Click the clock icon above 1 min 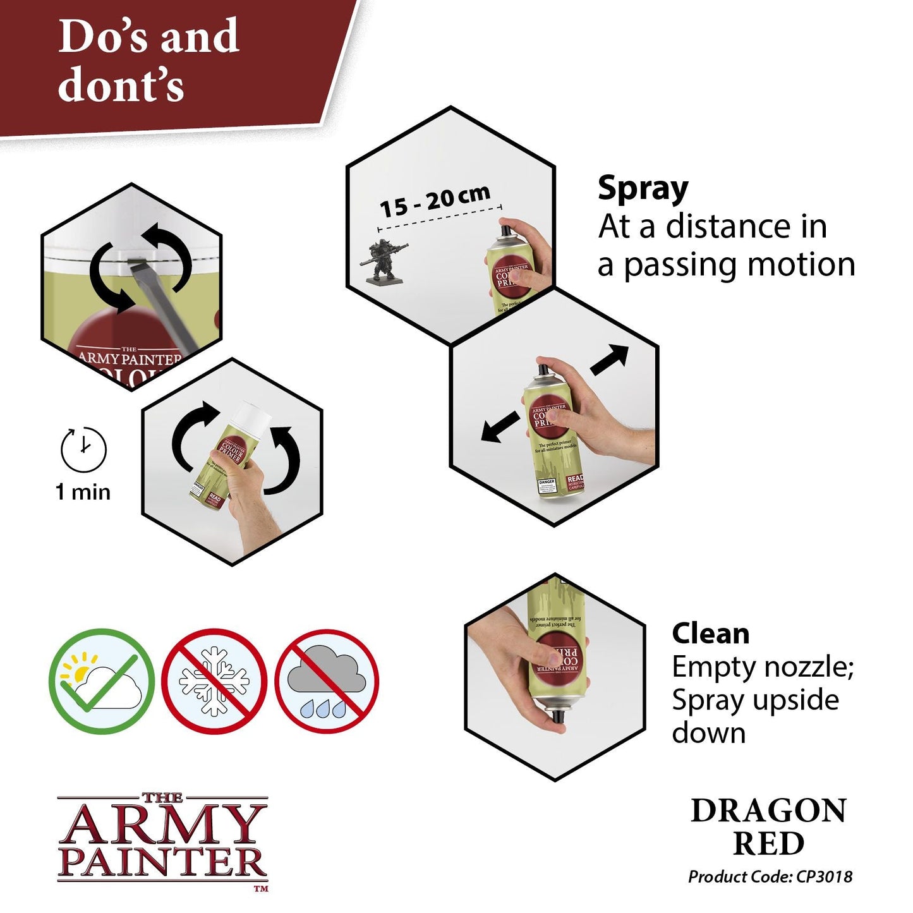pos(83,449)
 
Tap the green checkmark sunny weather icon pos(101,681)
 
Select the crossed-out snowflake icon pos(214,681)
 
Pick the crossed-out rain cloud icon pos(327,681)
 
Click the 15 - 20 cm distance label pos(434,200)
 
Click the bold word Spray pos(643,189)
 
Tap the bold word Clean pos(710,633)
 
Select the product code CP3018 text pos(770,876)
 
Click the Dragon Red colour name pos(768,826)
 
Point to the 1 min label pos(83,492)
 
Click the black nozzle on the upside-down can pos(557,716)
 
